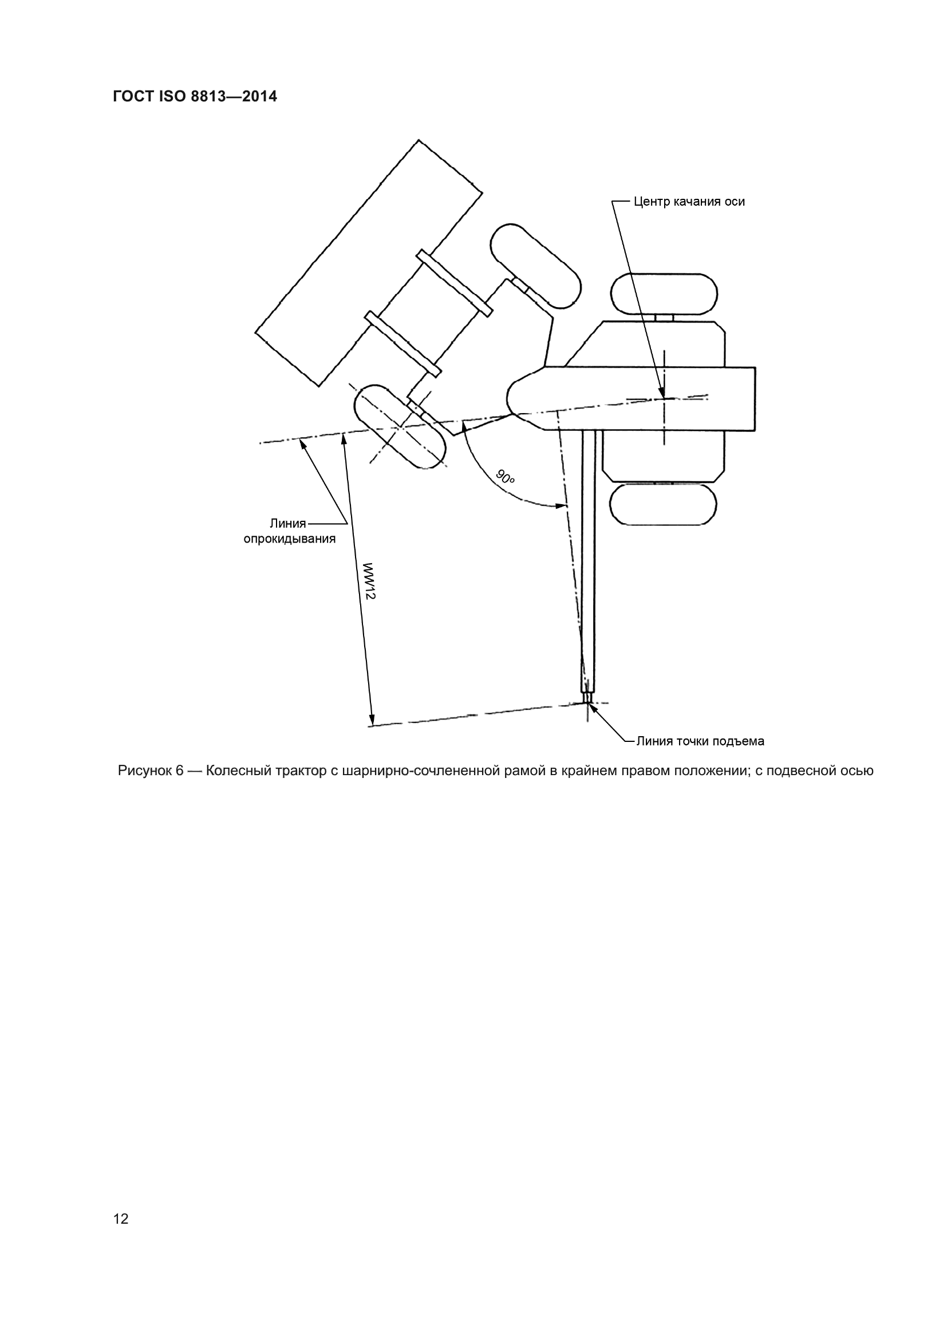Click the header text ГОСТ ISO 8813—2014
(195, 97)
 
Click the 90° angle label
(505, 477)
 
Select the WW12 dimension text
(369, 581)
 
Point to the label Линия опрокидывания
(289, 531)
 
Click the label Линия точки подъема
(700, 741)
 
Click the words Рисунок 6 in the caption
(151, 771)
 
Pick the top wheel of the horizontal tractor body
(664, 293)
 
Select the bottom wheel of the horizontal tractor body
(663, 505)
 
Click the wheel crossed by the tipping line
(399, 426)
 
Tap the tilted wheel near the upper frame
(535, 265)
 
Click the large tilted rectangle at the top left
(369, 262)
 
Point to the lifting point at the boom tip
(587, 704)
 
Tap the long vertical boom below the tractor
(588, 560)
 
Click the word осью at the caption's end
(857, 771)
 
